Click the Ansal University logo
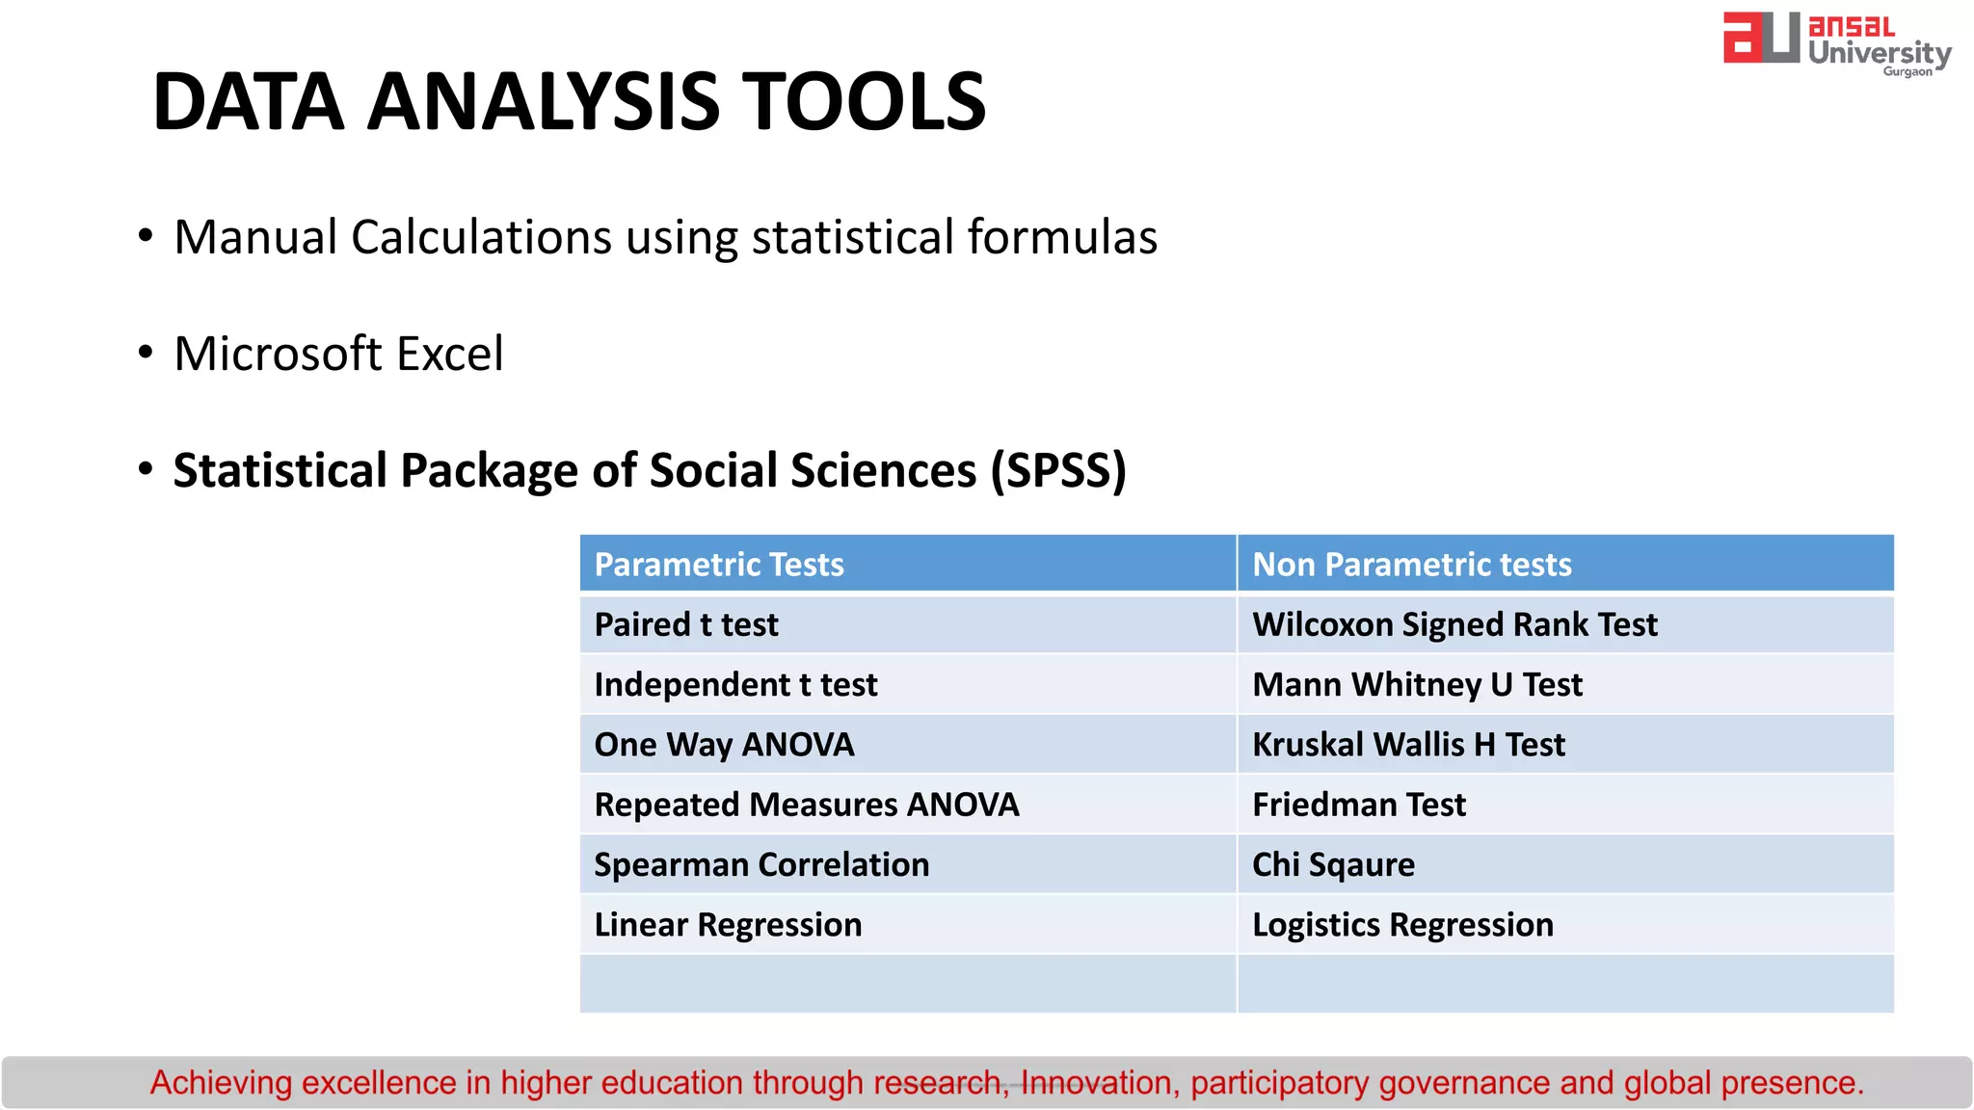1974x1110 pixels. [1836, 43]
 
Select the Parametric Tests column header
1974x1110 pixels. [718, 565]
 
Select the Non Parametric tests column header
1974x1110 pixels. [1411, 565]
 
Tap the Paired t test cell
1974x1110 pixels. [685, 624]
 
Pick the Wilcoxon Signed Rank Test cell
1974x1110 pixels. [1454, 624]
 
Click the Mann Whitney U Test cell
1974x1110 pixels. [1416, 685]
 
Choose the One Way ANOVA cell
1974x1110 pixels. [724, 745]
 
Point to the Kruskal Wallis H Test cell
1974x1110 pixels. [1407, 745]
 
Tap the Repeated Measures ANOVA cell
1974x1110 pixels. [806, 805]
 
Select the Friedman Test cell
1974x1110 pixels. [1358, 805]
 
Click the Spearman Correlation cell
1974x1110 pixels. [761, 865]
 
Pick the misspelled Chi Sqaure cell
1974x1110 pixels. [1332, 865]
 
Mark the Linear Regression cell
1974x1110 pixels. [728, 925]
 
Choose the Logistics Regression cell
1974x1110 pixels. [1401, 925]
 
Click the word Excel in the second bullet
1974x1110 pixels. [449, 354]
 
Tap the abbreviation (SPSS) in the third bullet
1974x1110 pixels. [1058, 471]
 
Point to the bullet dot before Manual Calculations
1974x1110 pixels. [146, 236]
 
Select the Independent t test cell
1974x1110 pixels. [735, 685]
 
